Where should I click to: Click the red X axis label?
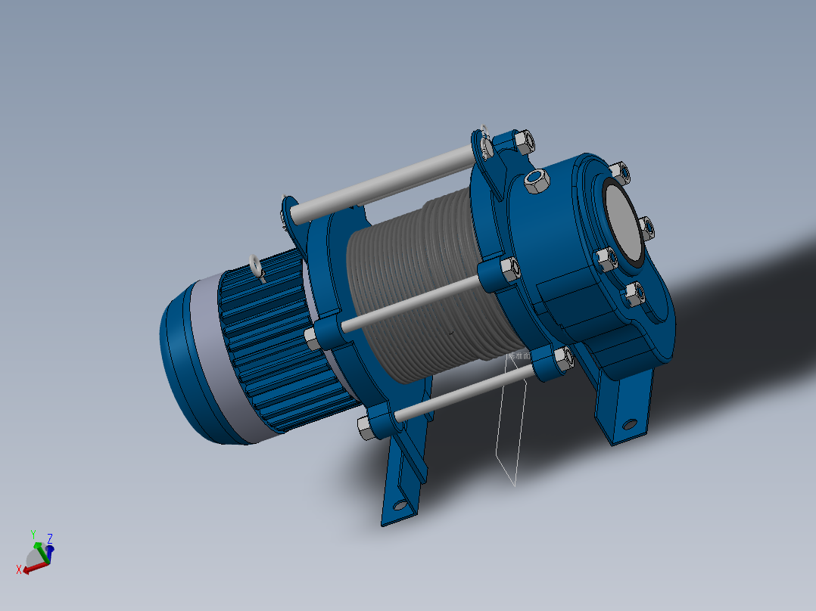click(19, 569)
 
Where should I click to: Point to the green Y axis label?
click(33, 535)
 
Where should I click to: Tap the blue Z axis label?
click(50, 539)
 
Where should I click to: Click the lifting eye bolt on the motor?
click(256, 265)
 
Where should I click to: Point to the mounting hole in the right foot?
click(628, 423)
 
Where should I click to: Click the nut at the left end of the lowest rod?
click(364, 429)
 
